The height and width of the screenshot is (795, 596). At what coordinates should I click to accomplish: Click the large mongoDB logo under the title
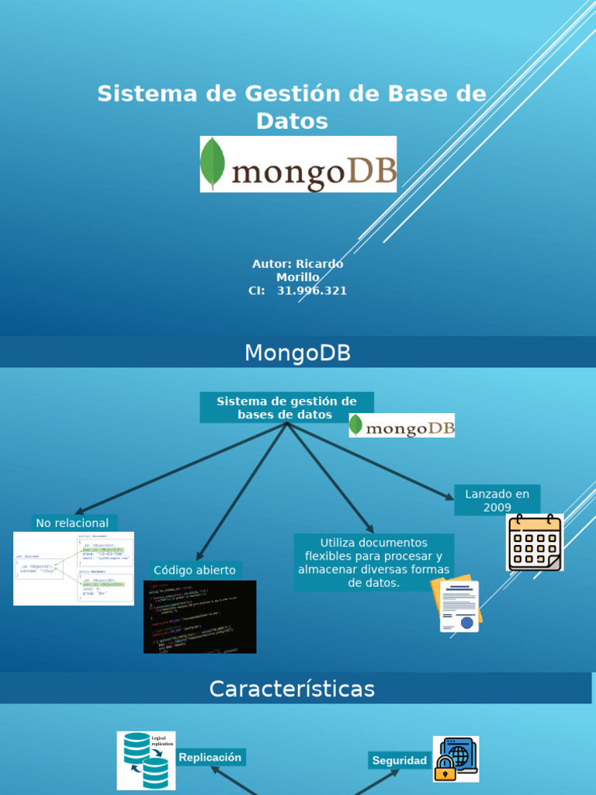pos(298,164)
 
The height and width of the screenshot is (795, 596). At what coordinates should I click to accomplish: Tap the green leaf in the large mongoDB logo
pos(213,163)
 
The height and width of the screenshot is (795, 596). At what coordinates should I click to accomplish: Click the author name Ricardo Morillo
pos(298,270)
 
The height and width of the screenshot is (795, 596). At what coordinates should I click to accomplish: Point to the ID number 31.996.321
pos(311,290)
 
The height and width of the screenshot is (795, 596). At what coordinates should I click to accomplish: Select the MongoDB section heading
pos(298,353)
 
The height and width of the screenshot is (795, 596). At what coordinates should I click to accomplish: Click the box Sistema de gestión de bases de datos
pos(286,408)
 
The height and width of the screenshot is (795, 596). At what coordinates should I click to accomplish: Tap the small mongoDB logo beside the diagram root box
pos(401,425)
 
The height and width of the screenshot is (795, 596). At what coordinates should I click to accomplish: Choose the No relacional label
pos(74,523)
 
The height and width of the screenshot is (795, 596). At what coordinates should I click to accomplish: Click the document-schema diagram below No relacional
pos(74,568)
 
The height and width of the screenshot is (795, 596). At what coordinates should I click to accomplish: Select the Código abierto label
pos(195,570)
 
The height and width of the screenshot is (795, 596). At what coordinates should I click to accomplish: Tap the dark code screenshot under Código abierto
pos(199,616)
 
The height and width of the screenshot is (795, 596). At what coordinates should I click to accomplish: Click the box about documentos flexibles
pos(373,562)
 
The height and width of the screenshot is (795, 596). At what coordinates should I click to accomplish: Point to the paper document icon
pos(459,605)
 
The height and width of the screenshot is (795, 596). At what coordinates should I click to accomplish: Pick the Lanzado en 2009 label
pos(497,500)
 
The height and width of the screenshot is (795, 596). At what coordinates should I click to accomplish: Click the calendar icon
pos(535,542)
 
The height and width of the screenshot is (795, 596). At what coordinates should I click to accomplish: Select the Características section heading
pos(292,689)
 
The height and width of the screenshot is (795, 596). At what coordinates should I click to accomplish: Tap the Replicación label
pos(210,757)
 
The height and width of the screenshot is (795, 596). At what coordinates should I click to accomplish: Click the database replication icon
pos(146,760)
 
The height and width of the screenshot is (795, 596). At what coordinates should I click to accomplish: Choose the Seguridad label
pos(399,760)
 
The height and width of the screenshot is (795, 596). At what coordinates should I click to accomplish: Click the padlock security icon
pos(456,759)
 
